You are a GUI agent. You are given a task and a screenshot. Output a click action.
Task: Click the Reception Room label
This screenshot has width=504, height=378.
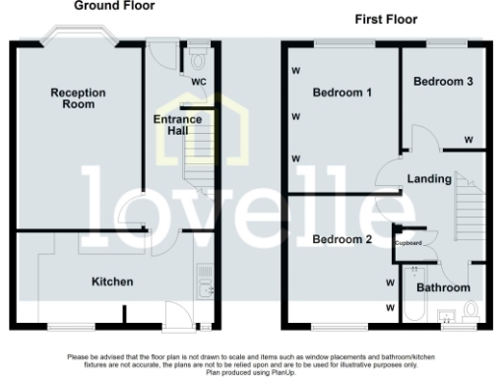point(79,98)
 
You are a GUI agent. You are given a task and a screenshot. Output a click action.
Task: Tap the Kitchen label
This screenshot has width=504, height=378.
point(112,283)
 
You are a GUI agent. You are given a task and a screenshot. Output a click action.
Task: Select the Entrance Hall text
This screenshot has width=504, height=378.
point(177,125)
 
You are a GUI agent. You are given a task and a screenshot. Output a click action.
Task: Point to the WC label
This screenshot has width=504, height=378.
point(198,81)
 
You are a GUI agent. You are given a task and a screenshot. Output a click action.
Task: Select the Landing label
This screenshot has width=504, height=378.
point(429,179)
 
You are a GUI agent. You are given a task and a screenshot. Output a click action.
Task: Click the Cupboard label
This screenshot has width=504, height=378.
point(409,242)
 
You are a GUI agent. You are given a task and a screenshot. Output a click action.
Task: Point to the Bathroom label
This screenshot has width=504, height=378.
point(443,287)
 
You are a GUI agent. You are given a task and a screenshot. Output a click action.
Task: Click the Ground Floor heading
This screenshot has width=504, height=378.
point(115,6)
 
